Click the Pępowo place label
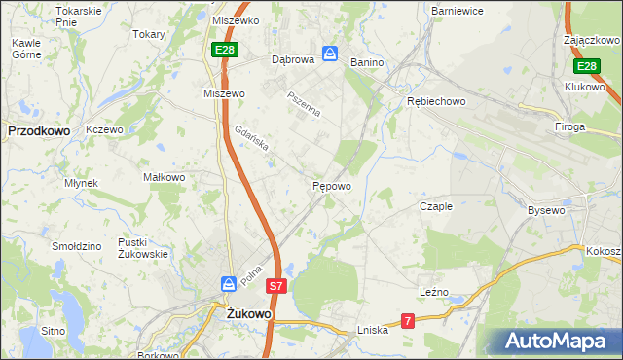(x=331, y=185)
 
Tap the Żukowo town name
(x=247, y=314)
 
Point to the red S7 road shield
(x=277, y=286)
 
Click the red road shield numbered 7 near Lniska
(x=408, y=320)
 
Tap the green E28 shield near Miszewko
(x=224, y=48)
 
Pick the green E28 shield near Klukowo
(x=585, y=66)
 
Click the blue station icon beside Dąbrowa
(x=330, y=54)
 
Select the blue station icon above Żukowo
(x=228, y=284)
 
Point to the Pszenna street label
(x=303, y=104)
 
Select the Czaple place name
(x=436, y=206)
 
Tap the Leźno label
(x=433, y=292)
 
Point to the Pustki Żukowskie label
(x=143, y=247)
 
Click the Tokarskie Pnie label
(x=79, y=16)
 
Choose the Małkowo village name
(x=164, y=177)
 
